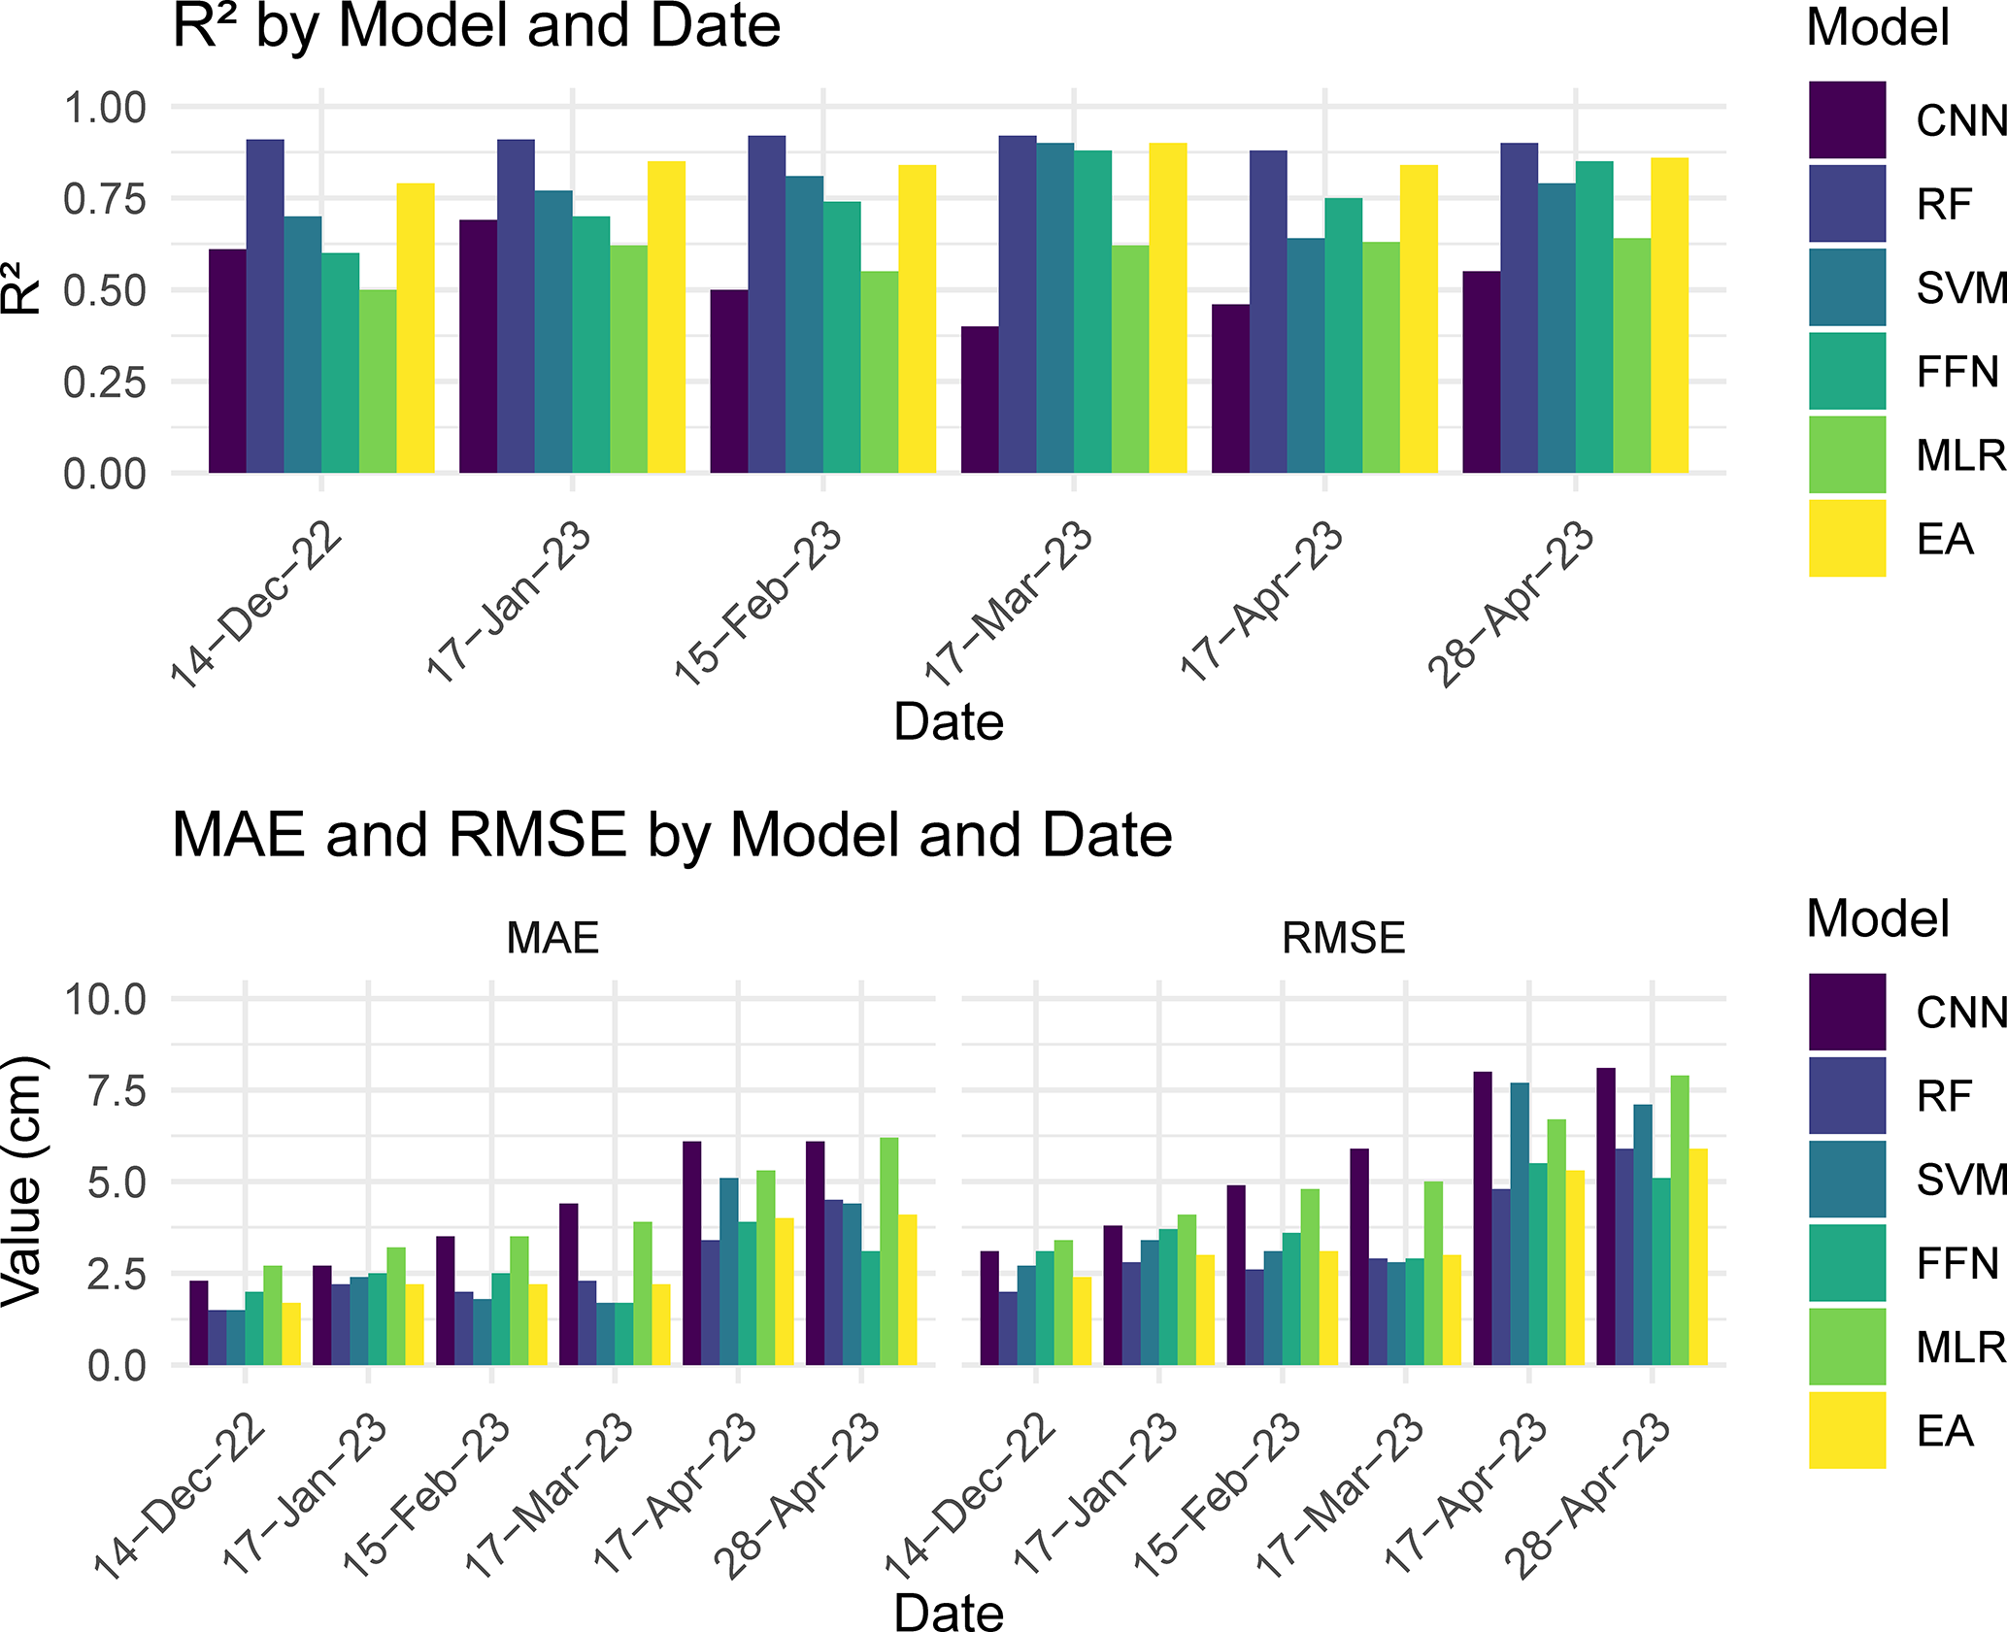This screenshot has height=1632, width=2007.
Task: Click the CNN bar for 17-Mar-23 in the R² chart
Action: (x=980, y=400)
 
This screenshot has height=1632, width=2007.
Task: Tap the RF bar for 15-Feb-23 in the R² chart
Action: (x=767, y=305)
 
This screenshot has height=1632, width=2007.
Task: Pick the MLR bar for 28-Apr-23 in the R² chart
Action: (x=1632, y=355)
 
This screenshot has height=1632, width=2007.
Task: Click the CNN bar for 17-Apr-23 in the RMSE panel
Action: (x=1483, y=1218)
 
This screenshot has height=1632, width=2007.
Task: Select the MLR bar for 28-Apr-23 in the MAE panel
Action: (x=888, y=1251)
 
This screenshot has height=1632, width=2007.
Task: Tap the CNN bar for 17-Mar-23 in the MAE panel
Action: (x=569, y=1284)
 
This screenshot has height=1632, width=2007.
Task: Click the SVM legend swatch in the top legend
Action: (x=1847, y=287)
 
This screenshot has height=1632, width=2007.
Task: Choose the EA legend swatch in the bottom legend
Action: (x=1847, y=1430)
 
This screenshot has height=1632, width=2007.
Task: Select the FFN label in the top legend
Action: (x=1957, y=372)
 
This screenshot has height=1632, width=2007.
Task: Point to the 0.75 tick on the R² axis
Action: (x=105, y=199)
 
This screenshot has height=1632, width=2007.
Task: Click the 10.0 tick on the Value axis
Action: (x=105, y=998)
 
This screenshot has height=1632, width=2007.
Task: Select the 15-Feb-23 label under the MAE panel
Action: (x=427, y=1495)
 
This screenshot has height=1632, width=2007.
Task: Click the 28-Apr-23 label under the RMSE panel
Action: (x=1588, y=1495)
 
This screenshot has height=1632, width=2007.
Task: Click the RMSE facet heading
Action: (x=1343, y=938)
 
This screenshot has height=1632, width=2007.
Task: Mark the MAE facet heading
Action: (x=552, y=938)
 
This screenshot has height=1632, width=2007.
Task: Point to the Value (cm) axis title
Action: (x=23, y=1181)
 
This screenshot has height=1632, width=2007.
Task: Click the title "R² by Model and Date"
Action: (x=476, y=27)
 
